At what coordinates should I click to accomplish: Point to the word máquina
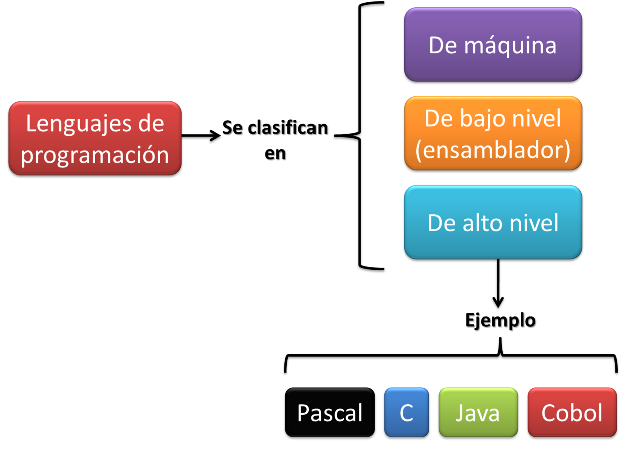click(x=510, y=46)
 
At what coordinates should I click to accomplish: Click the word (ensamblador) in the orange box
click(x=493, y=150)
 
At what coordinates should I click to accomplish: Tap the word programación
click(x=95, y=155)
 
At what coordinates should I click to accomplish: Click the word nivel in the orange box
click(x=538, y=119)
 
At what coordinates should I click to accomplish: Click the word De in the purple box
click(x=441, y=45)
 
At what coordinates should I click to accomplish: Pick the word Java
click(x=478, y=413)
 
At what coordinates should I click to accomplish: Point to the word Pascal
click(x=330, y=413)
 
